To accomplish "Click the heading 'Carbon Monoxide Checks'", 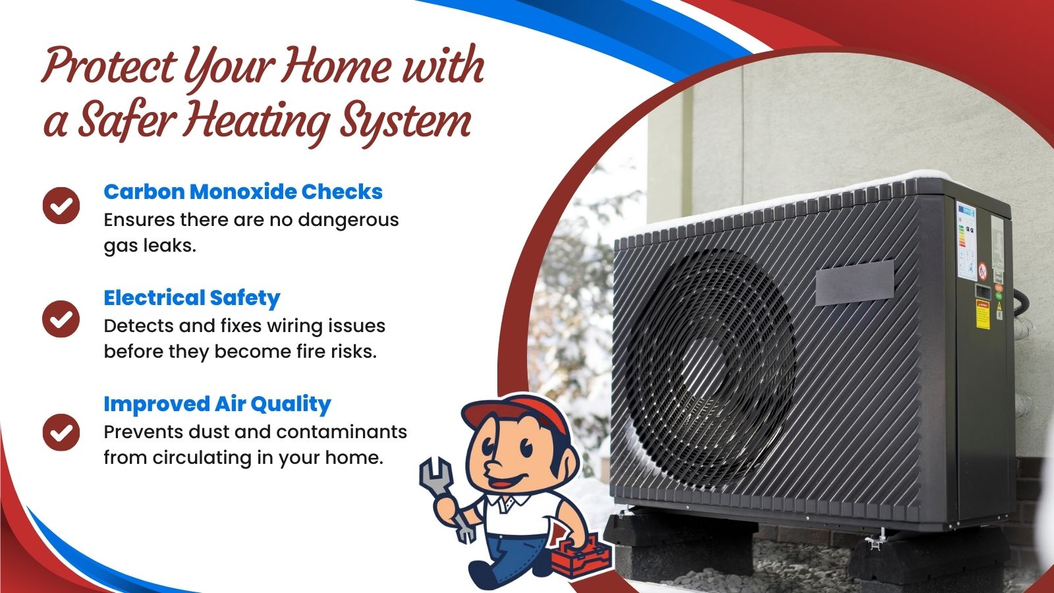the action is coord(243,192).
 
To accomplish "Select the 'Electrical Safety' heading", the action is coord(192,298).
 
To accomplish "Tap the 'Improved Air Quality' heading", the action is coord(217,405).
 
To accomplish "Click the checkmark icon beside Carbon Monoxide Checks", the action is coord(61,206).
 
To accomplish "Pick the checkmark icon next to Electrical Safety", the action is coord(61,319).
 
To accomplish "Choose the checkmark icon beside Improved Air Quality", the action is coord(61,432).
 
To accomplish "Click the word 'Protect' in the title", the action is coord(109,66).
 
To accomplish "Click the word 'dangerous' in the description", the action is coord(348,220).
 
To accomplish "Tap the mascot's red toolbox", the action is coord(581,557).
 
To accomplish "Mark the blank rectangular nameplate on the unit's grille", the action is coord(854,283).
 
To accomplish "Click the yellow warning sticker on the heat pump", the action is coord(983,314).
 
